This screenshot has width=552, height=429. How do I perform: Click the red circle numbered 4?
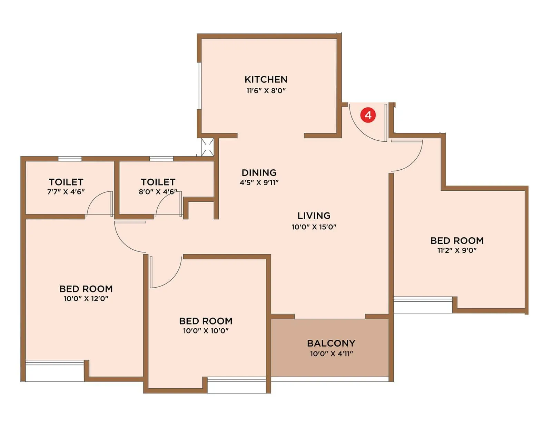368,115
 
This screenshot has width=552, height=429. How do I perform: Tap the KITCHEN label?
266,80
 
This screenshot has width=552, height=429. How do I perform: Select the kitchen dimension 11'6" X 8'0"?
266,91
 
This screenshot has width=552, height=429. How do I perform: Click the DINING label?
259,172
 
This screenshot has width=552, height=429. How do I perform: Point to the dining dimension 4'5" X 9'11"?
259,182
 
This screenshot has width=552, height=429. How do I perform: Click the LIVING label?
314,216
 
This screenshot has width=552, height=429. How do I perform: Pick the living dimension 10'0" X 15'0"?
314,227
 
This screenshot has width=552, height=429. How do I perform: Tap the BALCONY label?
331,343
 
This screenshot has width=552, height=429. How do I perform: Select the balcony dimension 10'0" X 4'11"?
331,353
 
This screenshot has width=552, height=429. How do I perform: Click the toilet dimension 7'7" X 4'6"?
66,192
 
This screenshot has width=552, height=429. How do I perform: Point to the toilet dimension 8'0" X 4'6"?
158,192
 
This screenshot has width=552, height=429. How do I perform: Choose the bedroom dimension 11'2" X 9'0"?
457,250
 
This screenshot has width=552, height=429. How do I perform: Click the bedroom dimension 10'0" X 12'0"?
86,299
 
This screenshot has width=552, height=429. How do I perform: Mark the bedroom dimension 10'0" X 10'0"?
206,331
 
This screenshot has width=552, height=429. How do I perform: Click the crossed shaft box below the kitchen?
208,147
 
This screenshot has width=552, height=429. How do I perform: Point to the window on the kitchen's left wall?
199,86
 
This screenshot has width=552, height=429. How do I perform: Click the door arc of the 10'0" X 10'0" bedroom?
171,278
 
